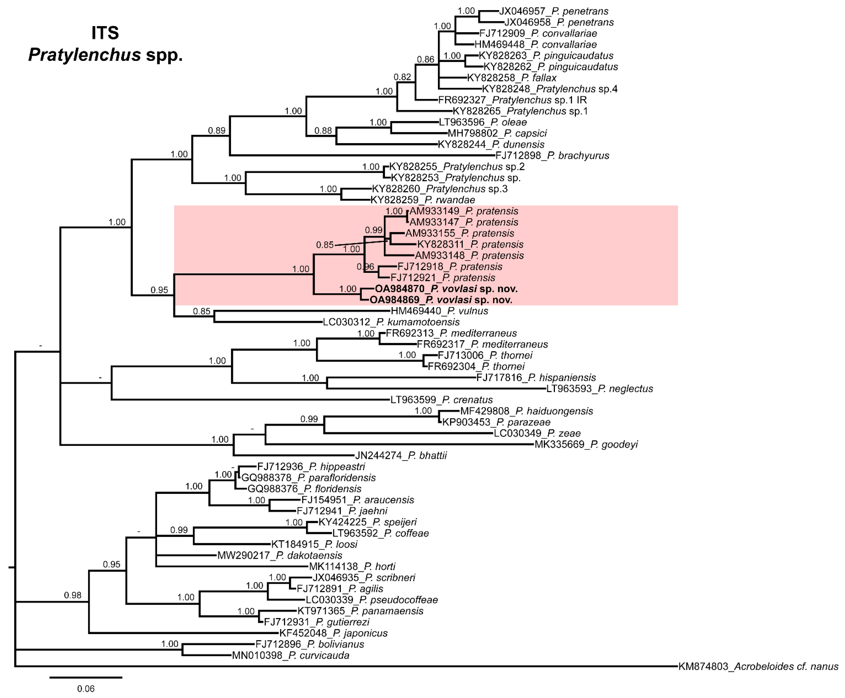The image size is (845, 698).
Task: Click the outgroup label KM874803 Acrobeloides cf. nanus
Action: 758,666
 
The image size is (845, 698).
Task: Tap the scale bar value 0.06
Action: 86,688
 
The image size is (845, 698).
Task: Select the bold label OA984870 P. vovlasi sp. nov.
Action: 446,289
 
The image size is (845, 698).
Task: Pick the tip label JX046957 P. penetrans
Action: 553,11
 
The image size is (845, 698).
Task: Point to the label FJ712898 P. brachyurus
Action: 552,156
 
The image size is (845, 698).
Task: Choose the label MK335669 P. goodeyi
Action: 586,444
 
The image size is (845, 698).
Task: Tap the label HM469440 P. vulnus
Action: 439,311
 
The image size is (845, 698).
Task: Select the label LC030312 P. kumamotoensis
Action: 391,322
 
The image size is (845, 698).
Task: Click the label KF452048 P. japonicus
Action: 333,633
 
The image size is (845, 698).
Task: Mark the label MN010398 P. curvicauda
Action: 291,655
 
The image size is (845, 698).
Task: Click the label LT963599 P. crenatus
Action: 441,400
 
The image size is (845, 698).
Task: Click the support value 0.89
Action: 217,130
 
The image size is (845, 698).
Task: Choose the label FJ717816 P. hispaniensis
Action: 536,378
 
